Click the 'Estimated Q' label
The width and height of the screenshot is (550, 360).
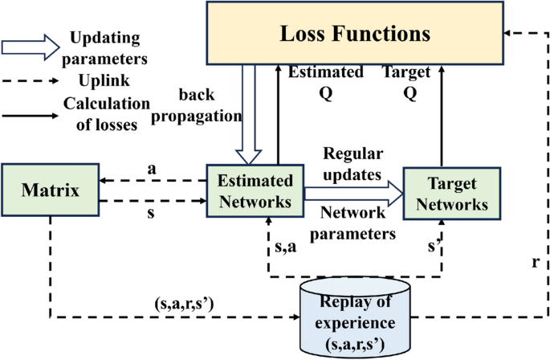326,80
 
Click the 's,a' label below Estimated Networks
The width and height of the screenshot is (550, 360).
284,247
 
